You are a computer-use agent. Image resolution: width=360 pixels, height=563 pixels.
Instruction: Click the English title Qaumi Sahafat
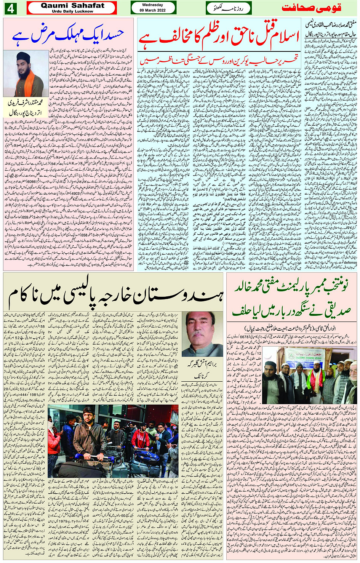point(72,6)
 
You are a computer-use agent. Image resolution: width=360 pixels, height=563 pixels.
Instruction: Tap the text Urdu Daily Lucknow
point(72,11)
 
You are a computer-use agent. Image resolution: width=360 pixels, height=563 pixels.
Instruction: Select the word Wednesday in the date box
point(152,5)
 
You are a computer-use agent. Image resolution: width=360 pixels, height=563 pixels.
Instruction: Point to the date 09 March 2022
point(152,10)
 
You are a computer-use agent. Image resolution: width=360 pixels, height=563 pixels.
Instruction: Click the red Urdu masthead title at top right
point(311,8)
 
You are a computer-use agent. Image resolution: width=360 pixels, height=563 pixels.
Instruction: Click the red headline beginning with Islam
point(218,38)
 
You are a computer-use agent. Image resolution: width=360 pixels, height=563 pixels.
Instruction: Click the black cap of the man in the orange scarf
point(23,56)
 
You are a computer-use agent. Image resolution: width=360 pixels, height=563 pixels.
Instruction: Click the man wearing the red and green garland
point(315,375)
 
